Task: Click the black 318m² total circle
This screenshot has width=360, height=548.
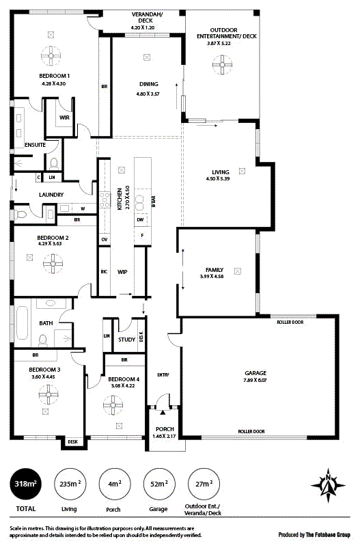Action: pos(26,484)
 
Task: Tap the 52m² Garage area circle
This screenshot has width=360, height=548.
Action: pos(159,484)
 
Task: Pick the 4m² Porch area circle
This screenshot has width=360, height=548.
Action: pos(115,484)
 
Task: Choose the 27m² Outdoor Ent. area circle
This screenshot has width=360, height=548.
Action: pos(204,484)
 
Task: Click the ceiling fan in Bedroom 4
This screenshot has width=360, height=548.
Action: pos(113,405)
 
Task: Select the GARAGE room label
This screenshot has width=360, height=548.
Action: pos(255,374)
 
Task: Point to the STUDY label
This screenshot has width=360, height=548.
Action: pos(126,339)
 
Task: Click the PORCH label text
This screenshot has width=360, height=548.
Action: pos(165,429)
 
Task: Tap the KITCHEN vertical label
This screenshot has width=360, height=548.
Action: pos(119,199)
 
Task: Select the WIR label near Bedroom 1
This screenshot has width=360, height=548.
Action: pos(65,118)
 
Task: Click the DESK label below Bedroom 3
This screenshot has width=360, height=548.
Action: pos(72,442)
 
